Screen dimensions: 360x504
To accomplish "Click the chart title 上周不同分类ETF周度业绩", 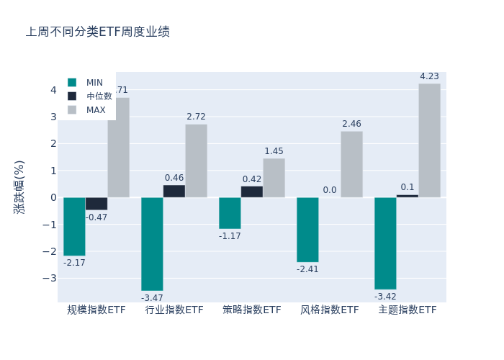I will pyautogui.click(x=98, y=32).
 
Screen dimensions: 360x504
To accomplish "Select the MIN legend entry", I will pyautogui.click(x=94, y=83).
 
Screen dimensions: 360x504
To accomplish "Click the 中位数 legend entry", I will pyautogui.click(x=99, y=96).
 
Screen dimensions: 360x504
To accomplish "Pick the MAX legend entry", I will pyautogui.click(x=96, y=110).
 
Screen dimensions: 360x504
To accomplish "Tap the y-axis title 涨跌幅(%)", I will pyautogui.click(x=19, y=186).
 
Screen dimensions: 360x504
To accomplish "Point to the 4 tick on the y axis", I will pyautogui.click(x=53, y=90).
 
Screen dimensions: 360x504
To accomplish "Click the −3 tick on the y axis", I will pyautogui.click(x=50, y=278).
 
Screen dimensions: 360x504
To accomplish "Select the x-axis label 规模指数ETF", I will pyautogui.click(x=96, y=310).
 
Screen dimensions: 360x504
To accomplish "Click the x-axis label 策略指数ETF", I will pyautogui.click(x=252, y=310).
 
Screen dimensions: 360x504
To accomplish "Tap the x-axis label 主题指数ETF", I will pyautogui.click(x=408, y=310).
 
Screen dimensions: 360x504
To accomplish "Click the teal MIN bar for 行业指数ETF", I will pyautogui.click(x=152, y=243).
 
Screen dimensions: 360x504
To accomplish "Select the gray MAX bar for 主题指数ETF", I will pyautogui.click(x=430, y=140).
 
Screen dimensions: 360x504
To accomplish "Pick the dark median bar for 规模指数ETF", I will pyautogui.click(x=96, y=203).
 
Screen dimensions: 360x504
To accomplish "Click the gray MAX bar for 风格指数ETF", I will pyautogui.click(x=351, y=164).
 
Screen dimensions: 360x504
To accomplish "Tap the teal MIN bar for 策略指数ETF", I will pyautogui.click(x=230, y=213).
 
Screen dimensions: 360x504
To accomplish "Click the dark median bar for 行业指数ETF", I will pyautogui.click(x=174, y=192).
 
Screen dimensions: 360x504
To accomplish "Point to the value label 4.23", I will pyautogui.click(x=430, y=76).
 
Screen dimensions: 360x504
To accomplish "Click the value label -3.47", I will pyautogui.click(x=152, y=298).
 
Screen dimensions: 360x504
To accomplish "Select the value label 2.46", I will pyautogui.click(x=351, y=124).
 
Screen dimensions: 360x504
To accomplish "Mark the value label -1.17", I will pyautogui.click(x=230, y=236).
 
